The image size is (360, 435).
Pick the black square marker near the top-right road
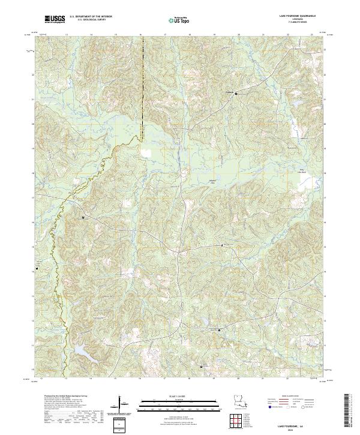tap(236, 94)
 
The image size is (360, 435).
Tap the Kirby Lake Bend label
tap(304, 170)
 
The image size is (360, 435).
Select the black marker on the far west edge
tap(37, 268)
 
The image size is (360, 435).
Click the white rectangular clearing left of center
tap(146, 152)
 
